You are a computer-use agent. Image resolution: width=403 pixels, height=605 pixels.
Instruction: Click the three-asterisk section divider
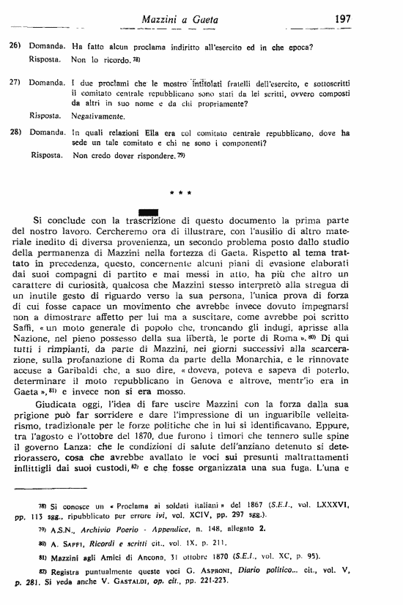pos(180,193)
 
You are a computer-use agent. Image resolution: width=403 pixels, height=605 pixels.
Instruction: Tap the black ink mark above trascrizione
pos(148,213)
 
